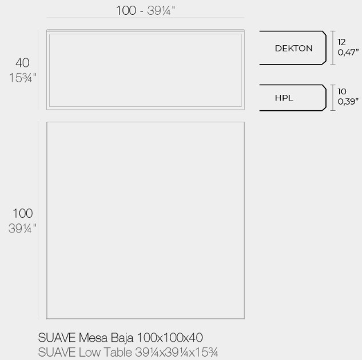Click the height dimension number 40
pyautogui.click(x=23, y=62)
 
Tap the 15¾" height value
pyautogui.click(x=23, y=77)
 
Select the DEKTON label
pyautogui.click(x=293, y=49)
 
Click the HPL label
pyautogui.click(x=284, y=98)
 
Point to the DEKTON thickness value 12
pyautogui.click(x=341, y=42)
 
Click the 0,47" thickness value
pyautogui.click(x=347, y=53)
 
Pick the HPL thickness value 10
pyautogui.click(x=341, y=91)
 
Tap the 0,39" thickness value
pyautogui.click(x=347, y=102)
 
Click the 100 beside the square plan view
pyautogui.click(x=23, y=213)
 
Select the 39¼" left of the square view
pyautogui.click(x=23, y=228)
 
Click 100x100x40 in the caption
pyautogui.click(x=171, y=338)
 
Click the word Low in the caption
pyautogui.click(x=89, y=351)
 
